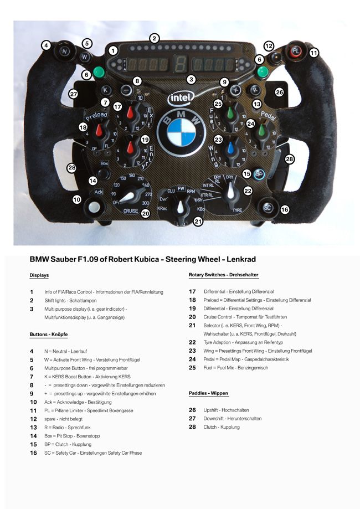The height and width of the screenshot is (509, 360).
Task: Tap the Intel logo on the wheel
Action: pyautogui.click(x=181, y=98)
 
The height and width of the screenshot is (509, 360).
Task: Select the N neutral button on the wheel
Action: pyautogui.click(x=64, y=52)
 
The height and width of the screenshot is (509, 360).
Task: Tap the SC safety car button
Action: pyautogui.click(x=268, y=207)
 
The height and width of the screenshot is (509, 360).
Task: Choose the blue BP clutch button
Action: pyautogui.click(x=259, y=173)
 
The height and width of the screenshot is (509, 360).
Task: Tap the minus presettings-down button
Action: pyautogui.click(x=126, y=90)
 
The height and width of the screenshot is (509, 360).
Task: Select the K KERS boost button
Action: pyautogui.click(x=104, y=90)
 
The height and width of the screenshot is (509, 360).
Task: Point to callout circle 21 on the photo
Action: pyautogui.click(x=198, y=222)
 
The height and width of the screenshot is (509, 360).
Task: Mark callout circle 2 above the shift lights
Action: pyautogui.click(x=155, y=38)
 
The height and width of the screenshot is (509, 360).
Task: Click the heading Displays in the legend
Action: pyautogui.click(x=39, y=275)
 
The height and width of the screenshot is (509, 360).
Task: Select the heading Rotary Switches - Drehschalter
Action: pyautogui.click(x=223, y=275)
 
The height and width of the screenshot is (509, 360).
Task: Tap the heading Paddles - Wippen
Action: pyautogui.click(x=208, y=393)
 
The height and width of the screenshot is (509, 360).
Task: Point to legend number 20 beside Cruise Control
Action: pyautogui.click(x=192, y=317)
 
